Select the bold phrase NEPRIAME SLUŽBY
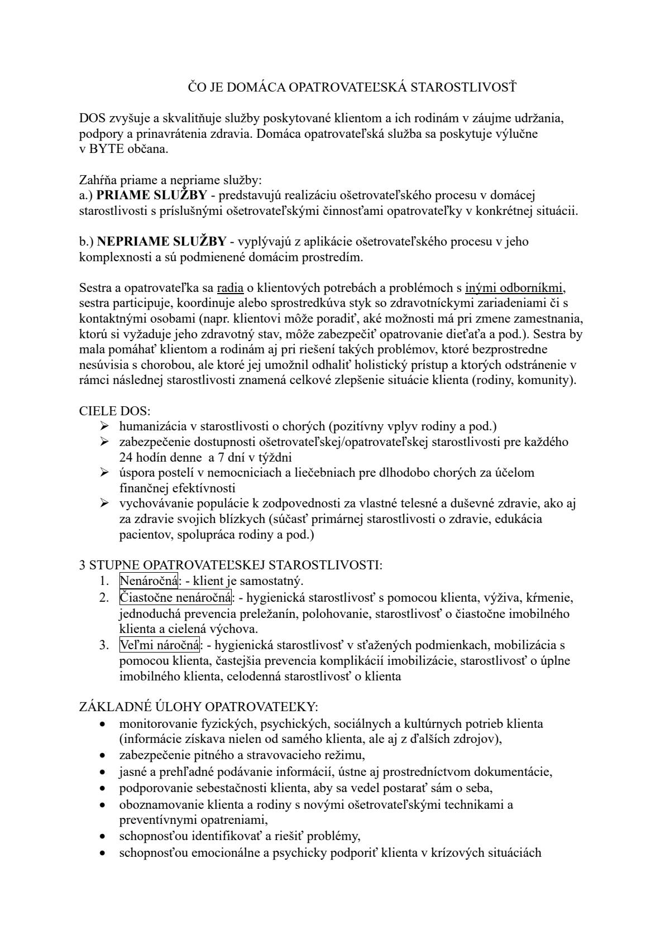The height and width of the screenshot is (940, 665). point(161,242)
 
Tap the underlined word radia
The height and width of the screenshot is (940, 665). point(230,289)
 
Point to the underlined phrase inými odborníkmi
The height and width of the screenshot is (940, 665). point(514,289)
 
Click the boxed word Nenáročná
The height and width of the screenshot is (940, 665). point(149,581)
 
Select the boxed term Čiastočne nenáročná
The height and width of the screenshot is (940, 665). point(175,598)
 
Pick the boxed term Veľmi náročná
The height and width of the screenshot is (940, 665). point(160,645)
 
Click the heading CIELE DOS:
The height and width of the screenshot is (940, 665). point(115,411)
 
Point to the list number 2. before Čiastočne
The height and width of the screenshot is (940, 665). point(104,598)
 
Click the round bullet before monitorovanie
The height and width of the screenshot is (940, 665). point(102,725)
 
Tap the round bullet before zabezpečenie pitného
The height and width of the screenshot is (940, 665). point(102,756)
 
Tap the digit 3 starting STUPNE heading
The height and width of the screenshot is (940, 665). point(83,565)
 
